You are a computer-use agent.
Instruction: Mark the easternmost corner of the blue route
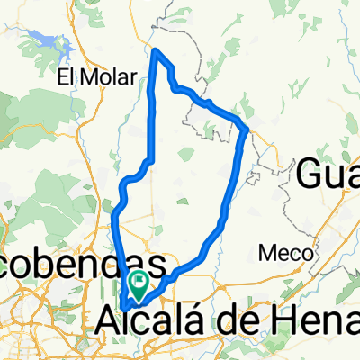pyautogui.click(x=247, y=131)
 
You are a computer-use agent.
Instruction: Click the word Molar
pyautogui.click(x=103, y=76)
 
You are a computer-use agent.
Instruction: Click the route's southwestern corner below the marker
pyautogui.click(x=123, y=306)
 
